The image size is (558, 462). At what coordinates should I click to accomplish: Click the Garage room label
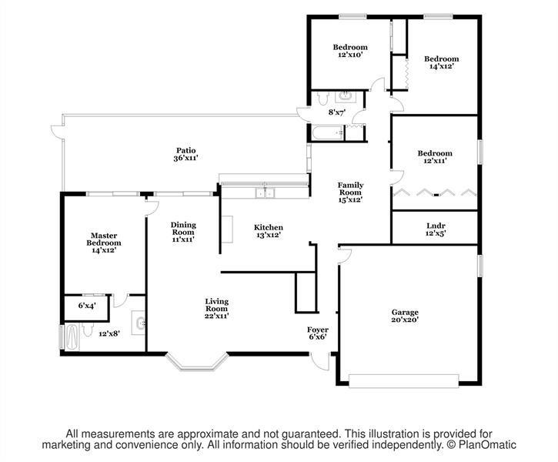pyautogui.click(x=405, y=316)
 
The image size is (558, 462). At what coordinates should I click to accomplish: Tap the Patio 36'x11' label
pyautogui.click(x=185, y=154)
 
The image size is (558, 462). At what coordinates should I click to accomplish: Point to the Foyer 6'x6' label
pyautogui.click(x=317, y=333)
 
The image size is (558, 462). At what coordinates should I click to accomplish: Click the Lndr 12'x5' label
pyautogui.click(x=436, y=229)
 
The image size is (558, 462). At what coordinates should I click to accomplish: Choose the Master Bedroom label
pyautogui.click(x=104, y=243)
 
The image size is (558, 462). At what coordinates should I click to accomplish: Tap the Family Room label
pyautogui.click(x=350, y=192)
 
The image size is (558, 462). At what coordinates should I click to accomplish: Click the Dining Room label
pyautogui.click(x=183, y=232)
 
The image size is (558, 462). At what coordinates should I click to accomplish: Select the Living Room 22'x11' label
pyautogui.click(x=216, y=308)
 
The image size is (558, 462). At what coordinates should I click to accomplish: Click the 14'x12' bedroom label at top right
pyautogui.click(x=442, y=62)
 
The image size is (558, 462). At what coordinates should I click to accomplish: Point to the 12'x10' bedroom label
pyautogui.click(x=350, y=51)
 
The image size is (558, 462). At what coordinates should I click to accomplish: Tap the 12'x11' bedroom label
pyautogui.click(x=435, y=156)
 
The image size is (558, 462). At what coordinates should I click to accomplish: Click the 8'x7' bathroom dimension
pyautogui.click(x=337, y=112)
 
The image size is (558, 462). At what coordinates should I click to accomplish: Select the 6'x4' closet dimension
pyautogui.click(x=87, y=306)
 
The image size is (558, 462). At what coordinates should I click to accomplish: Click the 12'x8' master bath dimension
pyautogui.click(x=109, y=333)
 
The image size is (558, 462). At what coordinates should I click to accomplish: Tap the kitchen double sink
pyautogui.click(x=265, y=192)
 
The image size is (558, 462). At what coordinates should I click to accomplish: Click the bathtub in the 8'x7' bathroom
pyautogui.click(x=328, y=132)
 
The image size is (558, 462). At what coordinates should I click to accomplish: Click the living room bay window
pyautogui.click(x=196, y=362)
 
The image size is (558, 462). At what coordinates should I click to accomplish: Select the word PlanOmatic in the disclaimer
pyautogui.click(x=487, y=444)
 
